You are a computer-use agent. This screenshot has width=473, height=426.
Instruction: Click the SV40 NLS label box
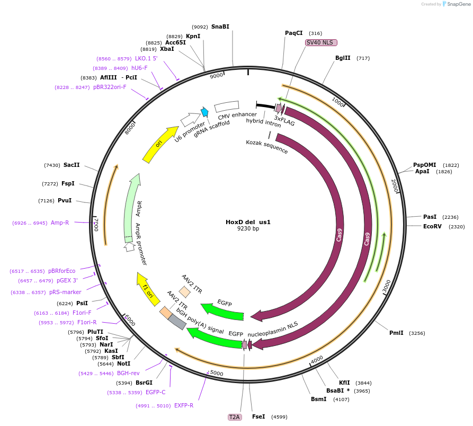tap(321, 42)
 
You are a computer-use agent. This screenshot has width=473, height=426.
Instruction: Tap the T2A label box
tap(234, 417)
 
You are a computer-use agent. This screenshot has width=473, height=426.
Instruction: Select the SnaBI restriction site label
tap(220, 26)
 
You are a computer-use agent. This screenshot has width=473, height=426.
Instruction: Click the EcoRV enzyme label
tap(432, 226)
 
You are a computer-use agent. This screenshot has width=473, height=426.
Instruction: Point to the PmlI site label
tap(396, 333)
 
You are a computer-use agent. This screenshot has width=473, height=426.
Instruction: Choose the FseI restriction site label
tap(258, 416)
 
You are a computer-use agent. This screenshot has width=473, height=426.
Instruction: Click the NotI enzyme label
tap(123, 363)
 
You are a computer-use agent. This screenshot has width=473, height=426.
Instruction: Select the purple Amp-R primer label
tap(60, 223)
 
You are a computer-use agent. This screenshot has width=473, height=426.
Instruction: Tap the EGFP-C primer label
tap(156, 393)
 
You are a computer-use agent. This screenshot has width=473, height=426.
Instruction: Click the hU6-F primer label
tap(139, 68)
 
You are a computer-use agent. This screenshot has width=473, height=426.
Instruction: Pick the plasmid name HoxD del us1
tap(248, 222)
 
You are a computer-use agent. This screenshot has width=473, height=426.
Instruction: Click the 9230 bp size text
tap(248, 229)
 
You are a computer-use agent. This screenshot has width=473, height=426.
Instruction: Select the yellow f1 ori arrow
tap(148, 289)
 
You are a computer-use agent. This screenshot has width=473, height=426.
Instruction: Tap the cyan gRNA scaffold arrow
tap(204, 112)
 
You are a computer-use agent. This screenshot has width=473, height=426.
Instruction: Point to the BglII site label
tap(343, 58)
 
